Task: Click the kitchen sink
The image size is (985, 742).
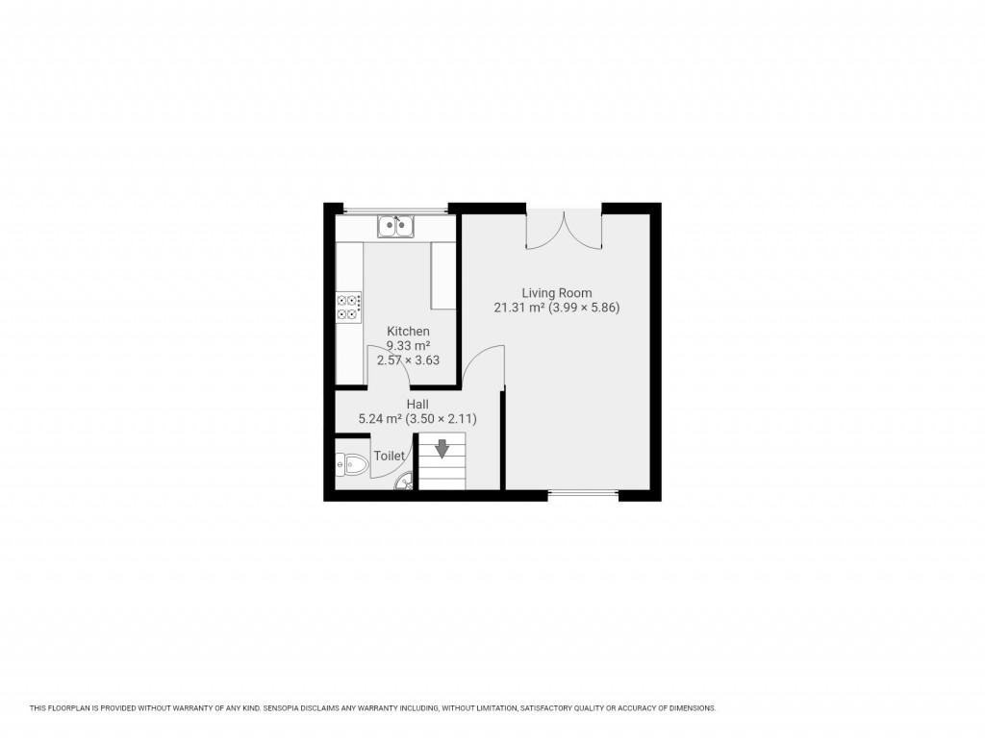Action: pyautogui.click(x=395, y=227)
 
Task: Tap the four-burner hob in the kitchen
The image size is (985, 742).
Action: pyautogui.click(x=348, y=308)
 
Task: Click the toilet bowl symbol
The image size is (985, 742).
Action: pyautogui.click(x=352, y=465)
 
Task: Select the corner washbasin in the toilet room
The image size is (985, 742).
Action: pyautogui.click(x=405, y=482)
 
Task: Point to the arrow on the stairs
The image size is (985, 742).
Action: pyautogui.click(x=442, y=449)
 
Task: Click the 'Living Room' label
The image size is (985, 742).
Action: pyautogui.click(x=556, y=293)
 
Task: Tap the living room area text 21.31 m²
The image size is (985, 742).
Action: pyautogui.click(x=518, y=309)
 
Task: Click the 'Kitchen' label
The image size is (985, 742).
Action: pyautogui.click(x=408, y=332)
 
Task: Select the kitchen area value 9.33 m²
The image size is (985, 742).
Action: pyautogui.click(x=408, y=346)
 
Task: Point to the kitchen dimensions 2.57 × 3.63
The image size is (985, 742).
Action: pyautogui.click(x=408, y=360)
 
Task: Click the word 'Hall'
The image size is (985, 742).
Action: pyautogui.click(x=417, y=405)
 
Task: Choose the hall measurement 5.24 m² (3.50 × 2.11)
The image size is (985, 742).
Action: pyautogui.click(x=417, y=419)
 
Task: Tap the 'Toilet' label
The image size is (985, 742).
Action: pyautogui.click(x=389, y=457)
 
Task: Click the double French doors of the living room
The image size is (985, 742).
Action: pyautogui.click(x=564, y=229)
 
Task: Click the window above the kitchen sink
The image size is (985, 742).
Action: pyautogui.click(x=395, y=210)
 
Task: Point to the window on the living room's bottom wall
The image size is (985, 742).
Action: pyautogui.click(x=583, y=494)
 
